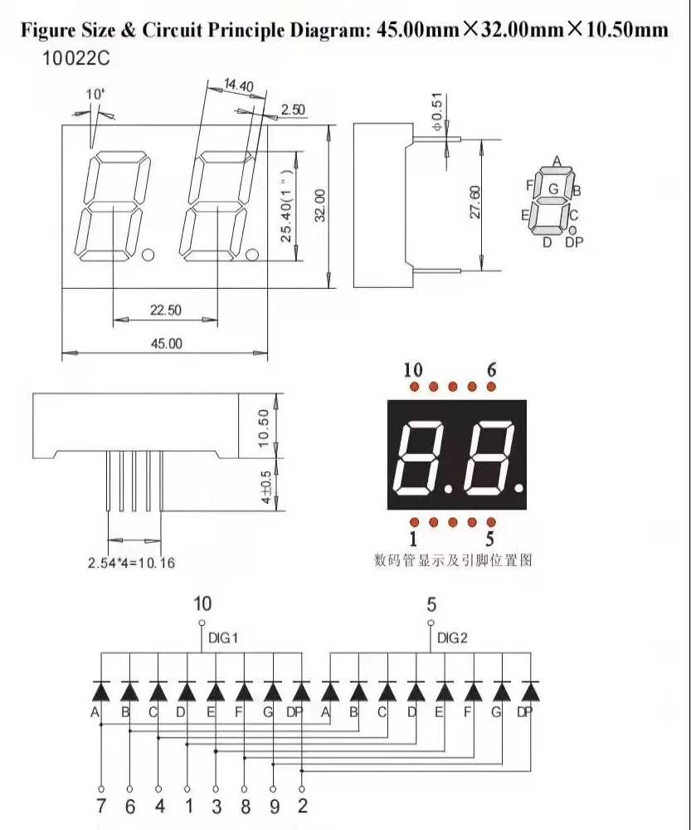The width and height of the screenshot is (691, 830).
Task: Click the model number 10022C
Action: click(75, 61)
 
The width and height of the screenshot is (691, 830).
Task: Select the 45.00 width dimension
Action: click(165, 343)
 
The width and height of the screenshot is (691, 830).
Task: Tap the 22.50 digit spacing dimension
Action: click(165, 310)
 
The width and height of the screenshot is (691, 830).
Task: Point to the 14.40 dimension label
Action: click(239, 85)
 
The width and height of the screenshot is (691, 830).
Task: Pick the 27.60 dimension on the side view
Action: click(474, 203)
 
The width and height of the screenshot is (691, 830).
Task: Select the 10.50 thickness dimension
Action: click(264, 427)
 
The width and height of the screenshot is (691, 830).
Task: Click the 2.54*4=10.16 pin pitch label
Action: click(132, 563)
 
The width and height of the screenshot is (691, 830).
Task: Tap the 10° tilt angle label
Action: click(96, 95)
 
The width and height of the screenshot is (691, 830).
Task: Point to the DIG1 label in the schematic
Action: click(223, 638)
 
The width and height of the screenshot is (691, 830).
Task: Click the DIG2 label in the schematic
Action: click(452, 638)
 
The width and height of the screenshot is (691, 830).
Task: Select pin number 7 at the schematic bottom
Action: click(101, 806)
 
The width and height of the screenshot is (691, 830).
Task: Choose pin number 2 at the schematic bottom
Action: click(302, 806)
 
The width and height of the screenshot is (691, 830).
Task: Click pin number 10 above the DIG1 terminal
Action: click(202, 603)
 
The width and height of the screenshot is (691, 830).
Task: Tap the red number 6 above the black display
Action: click(491, 369)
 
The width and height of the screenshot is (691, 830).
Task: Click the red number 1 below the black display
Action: click(413, 539)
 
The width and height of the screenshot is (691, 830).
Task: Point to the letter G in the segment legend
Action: click(552, 189)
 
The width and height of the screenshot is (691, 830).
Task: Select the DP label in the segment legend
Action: click(574, 242)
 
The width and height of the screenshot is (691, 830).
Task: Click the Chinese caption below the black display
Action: click(453, 560)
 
